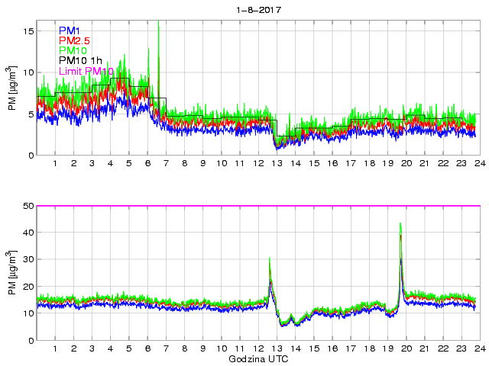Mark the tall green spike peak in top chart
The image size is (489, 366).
[158, 24]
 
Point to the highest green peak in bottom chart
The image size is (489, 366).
[400, 223]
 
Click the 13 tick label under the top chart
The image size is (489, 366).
[277, 164]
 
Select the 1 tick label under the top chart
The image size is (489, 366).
[55, 164]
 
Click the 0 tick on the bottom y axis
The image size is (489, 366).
[31, 340]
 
